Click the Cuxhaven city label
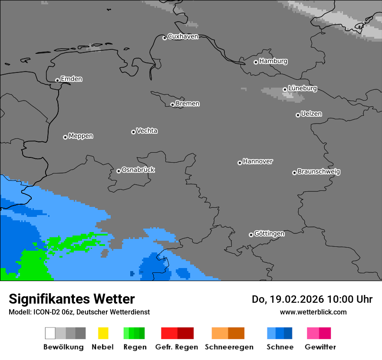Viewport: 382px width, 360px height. [x=183, y=36]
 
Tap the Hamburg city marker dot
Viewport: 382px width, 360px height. [x=256, y=62]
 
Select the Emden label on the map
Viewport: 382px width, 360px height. [x=71, y=79]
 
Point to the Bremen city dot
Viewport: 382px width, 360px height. [x=172, y=105]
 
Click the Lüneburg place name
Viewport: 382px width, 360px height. [x=302, y=88]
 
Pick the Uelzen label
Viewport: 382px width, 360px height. [x=311, y=114]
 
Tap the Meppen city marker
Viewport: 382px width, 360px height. [x=65, y=137]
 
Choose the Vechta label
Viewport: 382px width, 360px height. [x=147, y=131]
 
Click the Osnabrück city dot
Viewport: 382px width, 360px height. [x=119, y=171]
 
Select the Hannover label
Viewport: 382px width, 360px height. [x=257, y=161]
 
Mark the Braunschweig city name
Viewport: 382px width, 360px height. [x=319, y=171]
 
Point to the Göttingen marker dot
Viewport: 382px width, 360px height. [x=251, y=235]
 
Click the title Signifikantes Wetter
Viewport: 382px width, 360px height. [x=72, y=299]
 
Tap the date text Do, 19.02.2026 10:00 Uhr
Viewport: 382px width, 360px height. [x=312, y=299]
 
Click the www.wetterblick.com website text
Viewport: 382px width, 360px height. [x=313, y=312]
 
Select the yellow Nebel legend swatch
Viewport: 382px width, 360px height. [x=103, y=333]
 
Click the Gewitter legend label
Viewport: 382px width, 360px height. [x=320, y=347]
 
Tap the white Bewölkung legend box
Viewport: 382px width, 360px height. [x=50, y=333]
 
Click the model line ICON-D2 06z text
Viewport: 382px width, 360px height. [x=79, y=312]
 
